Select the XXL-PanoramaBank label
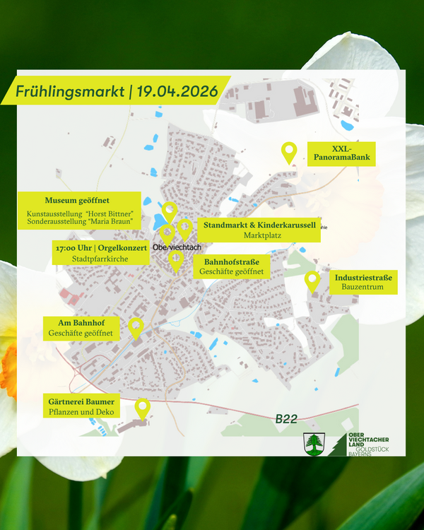tap(341, 153)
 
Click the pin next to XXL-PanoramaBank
tap(288, 151)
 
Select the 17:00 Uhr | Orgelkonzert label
tap(100, 248)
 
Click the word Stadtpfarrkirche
tap(100, 259)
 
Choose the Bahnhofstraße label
tap(232, 262)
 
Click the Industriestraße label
tap(363, 276)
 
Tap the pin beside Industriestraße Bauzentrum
tap(312, 281)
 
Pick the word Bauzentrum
tap(363, 288)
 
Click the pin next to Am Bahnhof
tap(136, 328)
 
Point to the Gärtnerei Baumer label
tap(80, 402)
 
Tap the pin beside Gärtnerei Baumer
tap(143, 408)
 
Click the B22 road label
tap(286, 419)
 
